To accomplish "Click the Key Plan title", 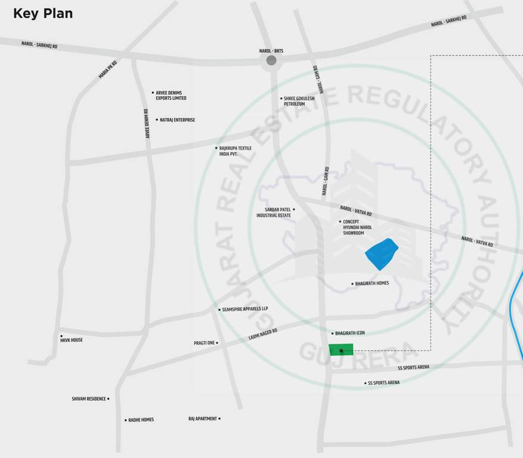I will click(43, 14).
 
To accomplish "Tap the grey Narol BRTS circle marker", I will click(271, 60).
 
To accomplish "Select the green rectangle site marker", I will click(341, 350).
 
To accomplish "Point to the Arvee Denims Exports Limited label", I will click(171, 95).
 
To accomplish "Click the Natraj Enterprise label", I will click(177, 120).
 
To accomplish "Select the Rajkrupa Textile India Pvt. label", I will click(235, 151).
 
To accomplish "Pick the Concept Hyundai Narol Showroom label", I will click(357, 227).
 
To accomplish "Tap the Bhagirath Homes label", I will click(372, 283).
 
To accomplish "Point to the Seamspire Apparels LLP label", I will click(245, 309).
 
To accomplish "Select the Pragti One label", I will click(205, 343).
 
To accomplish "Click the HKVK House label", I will click(71, 340).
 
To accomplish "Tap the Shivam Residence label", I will click(89, 399).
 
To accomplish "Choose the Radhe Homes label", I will click(141, 420).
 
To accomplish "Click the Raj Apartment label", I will click(203, 419).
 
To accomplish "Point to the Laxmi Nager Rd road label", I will click(263, 334).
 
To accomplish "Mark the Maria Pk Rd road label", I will click(108, 69).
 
